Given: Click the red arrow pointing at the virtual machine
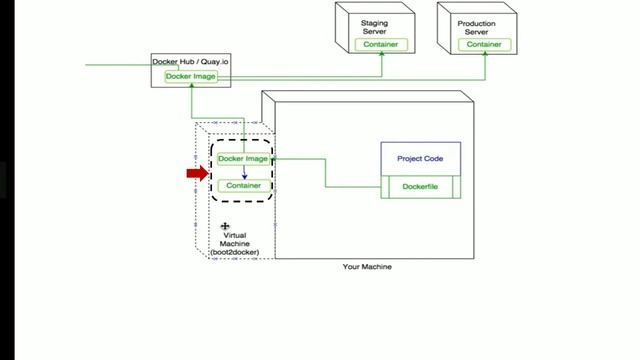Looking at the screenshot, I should click(x=197, y=173).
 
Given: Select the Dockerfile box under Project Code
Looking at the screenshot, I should click(x=420, y=186).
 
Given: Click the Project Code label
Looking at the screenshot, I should click(x=420, y=158).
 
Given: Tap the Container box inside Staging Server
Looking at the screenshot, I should click(x=380, y=44).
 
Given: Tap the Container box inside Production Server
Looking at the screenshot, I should click(x=484, y=44).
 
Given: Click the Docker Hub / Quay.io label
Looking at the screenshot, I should click(x=190, y=62).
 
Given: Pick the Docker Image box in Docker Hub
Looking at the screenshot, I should click(x=190, y=76).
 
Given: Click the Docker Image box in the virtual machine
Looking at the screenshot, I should click(x=243, y=158).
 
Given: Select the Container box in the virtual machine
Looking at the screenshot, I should click(x=243, y=185).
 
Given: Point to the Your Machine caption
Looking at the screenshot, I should click(x=367, y=267).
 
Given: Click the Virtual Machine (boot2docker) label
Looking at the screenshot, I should click(x=234, y=244).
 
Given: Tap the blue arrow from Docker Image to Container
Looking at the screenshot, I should click(x=244, y=172).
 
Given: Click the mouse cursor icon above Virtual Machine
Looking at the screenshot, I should click(x=226, y=227).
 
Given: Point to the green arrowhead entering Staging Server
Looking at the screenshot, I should click(x=380, y=54).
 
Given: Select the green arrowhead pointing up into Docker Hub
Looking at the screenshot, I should click(x=190, y=86).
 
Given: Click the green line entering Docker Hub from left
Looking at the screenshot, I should click(x=120, y=65).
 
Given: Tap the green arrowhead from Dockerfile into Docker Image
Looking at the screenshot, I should click(x=273, y=158).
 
